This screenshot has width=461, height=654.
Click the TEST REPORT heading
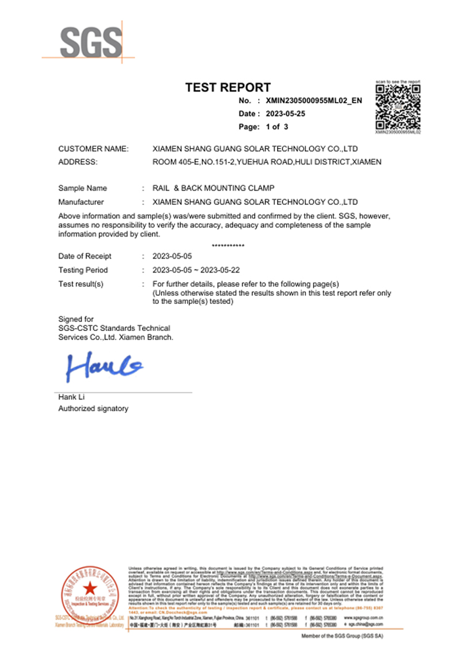tap(228, 88)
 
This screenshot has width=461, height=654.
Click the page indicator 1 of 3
tap(276, 126)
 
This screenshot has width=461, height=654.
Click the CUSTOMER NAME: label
tap(94, 149)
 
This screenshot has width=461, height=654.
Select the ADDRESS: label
tap(78, 162)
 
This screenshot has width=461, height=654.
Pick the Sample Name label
tap(83, 188)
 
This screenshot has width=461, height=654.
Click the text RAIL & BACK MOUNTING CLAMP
tap(213, 188)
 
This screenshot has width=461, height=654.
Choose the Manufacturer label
tap(81, 202)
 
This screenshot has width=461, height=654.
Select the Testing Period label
tap(83, 270)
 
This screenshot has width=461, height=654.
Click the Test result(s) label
tap(81, 284)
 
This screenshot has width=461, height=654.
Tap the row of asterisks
tap(228, 246)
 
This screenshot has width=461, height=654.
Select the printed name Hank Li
tap(71, 397)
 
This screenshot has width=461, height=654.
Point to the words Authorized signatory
tap(93, 408)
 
